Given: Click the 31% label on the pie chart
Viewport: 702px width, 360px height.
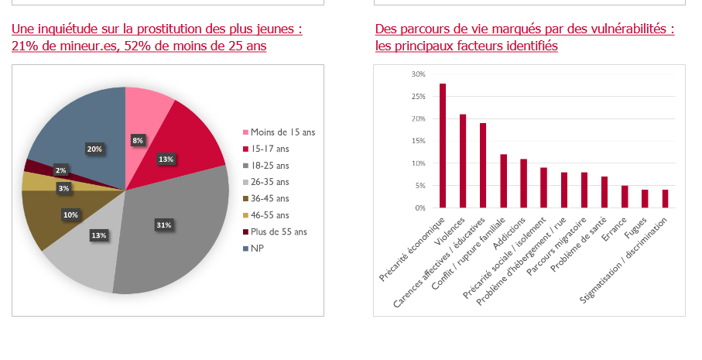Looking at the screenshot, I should coord(163,225).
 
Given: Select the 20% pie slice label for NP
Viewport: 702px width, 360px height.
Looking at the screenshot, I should coord(94,148).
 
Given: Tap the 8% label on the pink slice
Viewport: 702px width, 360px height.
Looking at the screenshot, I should coord(137,140).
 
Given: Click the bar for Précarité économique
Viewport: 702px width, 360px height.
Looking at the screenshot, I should coord(443,146).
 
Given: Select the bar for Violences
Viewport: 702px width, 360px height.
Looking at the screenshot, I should coord(463,161).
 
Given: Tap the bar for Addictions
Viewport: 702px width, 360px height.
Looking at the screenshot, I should coord(523,183).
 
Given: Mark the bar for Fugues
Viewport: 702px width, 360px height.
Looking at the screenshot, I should coord(645,199).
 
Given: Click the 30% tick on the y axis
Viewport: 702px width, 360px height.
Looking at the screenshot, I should coord(418,74).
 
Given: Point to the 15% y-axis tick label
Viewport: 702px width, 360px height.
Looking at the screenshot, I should coord(418,142).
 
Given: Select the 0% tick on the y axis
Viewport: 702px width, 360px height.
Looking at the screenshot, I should coord(420,208).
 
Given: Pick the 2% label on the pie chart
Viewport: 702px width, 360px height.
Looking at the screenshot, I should coord(60,170).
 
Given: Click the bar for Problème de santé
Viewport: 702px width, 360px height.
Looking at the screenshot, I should coord(604,192).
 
